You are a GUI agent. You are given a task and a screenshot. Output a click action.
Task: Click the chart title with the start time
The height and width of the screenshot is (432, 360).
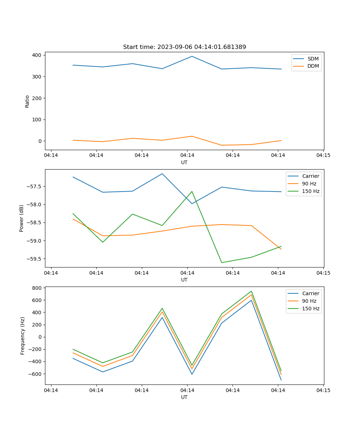(x=184, y=47)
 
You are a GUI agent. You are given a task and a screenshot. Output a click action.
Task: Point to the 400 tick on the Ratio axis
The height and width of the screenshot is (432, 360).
(x=37, y=55)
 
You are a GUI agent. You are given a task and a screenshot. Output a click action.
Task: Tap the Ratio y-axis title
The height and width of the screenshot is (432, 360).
(x=27, y=101)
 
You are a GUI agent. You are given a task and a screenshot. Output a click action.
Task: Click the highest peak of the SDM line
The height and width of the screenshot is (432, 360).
(x=192, y=56)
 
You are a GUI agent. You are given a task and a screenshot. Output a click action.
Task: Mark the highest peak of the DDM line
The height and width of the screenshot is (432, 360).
(x=192, y=136)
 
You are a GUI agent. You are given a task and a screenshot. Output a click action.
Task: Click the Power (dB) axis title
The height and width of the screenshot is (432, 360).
(x=22, y=218)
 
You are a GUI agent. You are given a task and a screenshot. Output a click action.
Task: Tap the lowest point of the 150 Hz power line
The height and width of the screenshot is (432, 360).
(x=222, y=262)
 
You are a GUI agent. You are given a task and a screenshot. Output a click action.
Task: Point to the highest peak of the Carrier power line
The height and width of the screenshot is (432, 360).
(x=162, y=174)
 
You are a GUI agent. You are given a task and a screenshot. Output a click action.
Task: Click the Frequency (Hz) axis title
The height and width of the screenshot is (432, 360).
(x=23, y=336)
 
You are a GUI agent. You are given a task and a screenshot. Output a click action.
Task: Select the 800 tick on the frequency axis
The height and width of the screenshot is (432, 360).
(x=37, y=288)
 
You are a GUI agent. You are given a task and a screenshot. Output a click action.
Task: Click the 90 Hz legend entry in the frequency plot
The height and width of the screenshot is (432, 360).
(x=309, y=301)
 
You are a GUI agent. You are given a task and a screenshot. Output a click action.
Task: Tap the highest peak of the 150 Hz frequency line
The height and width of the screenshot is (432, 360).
(x=251, y=291)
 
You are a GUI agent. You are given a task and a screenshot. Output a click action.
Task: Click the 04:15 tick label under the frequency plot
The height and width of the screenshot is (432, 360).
(x=323, y=390)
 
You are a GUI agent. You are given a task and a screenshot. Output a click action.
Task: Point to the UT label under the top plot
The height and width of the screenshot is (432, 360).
(x=184, y=162)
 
